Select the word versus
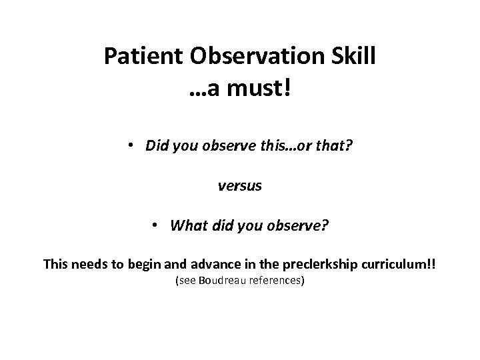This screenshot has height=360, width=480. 240,187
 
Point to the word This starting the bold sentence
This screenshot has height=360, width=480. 56,264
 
